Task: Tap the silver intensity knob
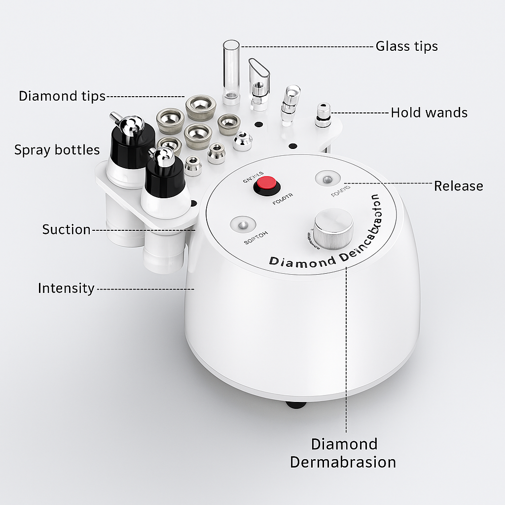pyautogui.click(x=333, y=228)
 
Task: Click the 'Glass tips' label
pyautogui.click(x=406, y=46)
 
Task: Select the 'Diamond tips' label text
pyautogui.click(x=62, y=96)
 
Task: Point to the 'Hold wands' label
pyautogui.click(x=429, y=112)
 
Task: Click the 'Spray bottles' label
pyautogui.click(x=57, y=149)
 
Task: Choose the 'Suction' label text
pyautogui.click(x=66, y=229)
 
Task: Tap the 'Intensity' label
pyautogui.click(x=66, y=288)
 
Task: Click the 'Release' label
pyautogui.click(x=458, y=186)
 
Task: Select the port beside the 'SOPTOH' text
pyautogui.click(x=242, y=226)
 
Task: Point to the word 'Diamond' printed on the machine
pyautogui.click(x=302, y=262)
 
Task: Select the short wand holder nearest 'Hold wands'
pyautogui.click(x=323, y=114)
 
